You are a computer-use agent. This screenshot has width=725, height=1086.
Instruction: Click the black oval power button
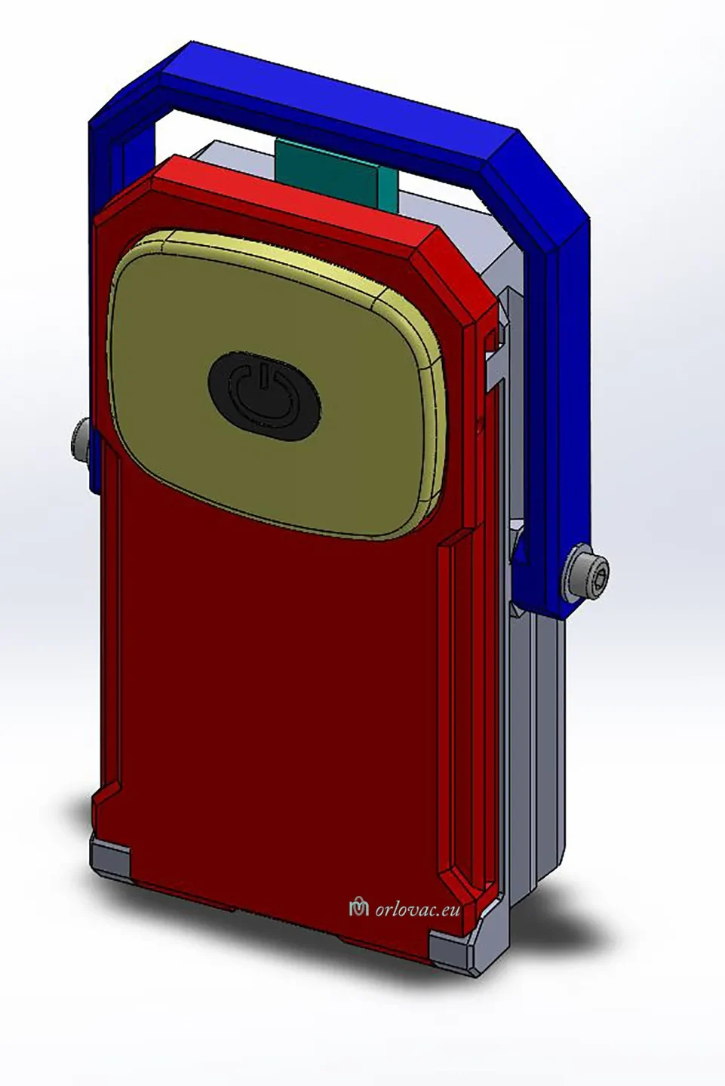(264, 396)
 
